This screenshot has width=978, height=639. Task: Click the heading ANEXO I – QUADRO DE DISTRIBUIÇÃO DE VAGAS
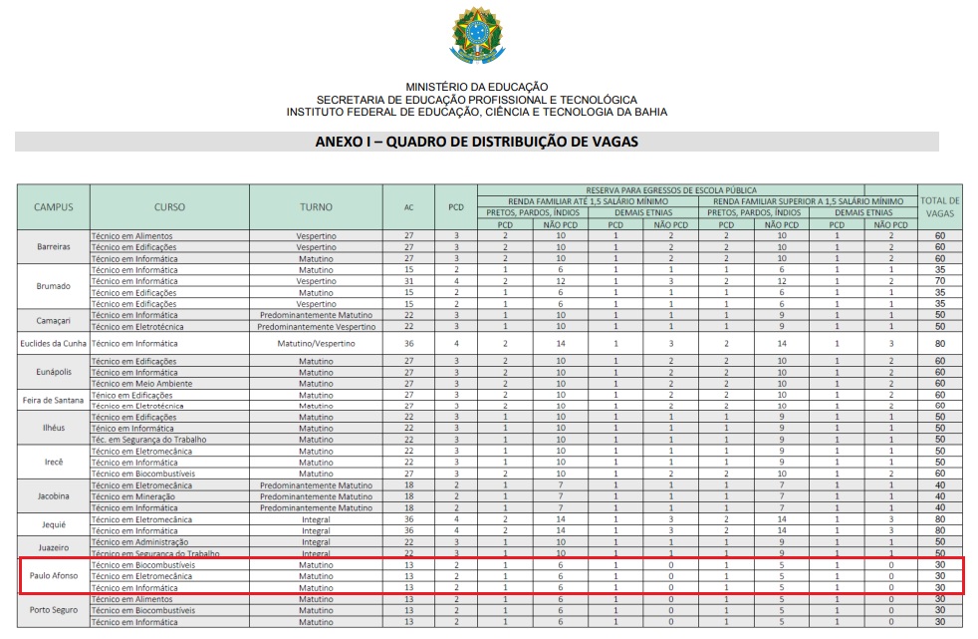pyautogui.click(x=477, y=142)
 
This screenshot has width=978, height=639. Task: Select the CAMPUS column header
pyautogui.click(x=54, y=207)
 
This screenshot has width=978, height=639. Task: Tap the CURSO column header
pyautogui.click(x=169, y=207)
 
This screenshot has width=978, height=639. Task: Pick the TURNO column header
pyautogui.click(x=316, y=207)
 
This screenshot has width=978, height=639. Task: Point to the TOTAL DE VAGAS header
pyautogui.click(x=940, y=207)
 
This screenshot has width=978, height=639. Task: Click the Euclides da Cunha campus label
pyautogui.click(x=54, y=343)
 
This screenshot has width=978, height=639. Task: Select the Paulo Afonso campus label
pyautogui.click(x=54, y=576)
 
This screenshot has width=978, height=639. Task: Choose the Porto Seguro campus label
pyautogui.click(x=54, y=610)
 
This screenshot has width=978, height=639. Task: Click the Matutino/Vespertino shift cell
pyautogui.click(x=316, y=343)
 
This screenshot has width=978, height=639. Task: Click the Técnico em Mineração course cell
pyautogui.click(x=139, y=496)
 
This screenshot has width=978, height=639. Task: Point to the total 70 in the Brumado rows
pyautogui.click(x=940, y=281)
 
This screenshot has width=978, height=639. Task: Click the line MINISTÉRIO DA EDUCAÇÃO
pyautogui.click(x=476, y=88)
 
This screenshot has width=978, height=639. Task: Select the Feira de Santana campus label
pyautogui.click(x=54, y=401)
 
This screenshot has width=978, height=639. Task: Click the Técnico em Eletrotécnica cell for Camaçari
pyautogui.click(x=142, y=326)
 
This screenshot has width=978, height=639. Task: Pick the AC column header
pyautogui.click(x=408, y=207)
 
